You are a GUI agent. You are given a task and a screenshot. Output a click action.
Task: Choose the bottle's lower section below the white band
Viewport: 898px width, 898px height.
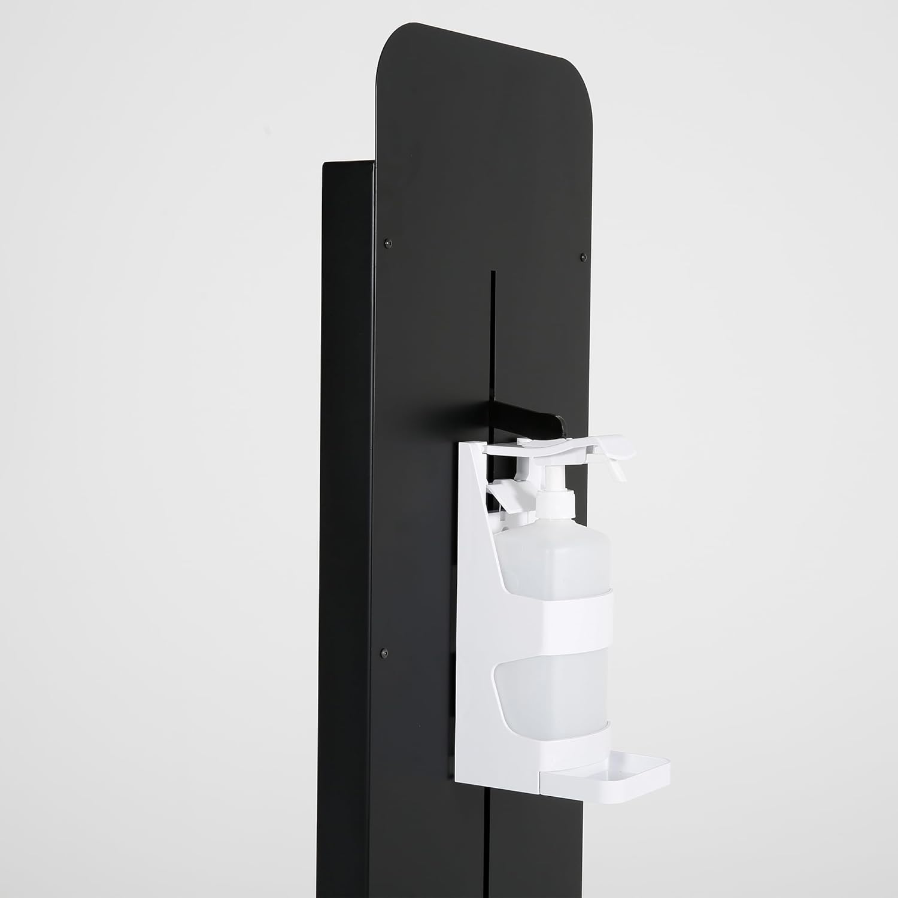[551, 688]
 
